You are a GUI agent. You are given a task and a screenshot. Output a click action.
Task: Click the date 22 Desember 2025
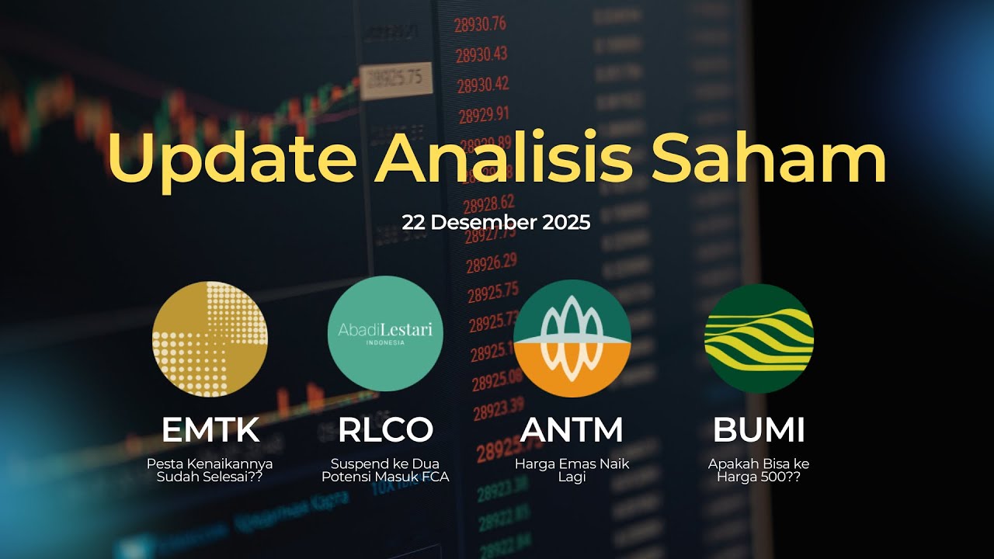coord(496,223)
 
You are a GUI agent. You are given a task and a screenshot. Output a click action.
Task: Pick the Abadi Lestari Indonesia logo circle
coord(385,334)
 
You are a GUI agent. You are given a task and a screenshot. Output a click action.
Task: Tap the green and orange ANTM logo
coord(572,339)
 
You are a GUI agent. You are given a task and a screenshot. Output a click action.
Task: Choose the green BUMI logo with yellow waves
coord(759,339)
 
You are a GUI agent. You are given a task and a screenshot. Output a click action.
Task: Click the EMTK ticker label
coord(210,430)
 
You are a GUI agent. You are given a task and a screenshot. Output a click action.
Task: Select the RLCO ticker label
coord(385,430)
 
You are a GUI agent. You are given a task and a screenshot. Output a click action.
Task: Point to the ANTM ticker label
coord(572,430)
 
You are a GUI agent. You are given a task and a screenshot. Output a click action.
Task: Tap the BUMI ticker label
coord(759,430)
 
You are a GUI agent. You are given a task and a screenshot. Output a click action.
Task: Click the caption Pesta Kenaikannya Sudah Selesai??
coord(210,470)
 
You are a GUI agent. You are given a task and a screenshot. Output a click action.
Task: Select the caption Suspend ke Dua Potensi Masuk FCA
coord(385,470)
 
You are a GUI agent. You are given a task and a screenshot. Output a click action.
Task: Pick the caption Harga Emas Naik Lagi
coord(572,470)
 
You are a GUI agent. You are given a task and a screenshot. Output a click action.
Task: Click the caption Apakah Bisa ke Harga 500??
coord(759,470)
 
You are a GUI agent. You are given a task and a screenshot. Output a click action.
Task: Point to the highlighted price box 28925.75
coord(395,79)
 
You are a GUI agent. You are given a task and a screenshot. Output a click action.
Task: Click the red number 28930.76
coord(481,25)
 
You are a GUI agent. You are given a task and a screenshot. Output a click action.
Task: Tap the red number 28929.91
coord(483,115)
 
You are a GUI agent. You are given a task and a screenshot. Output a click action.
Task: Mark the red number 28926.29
coord(492,263)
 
